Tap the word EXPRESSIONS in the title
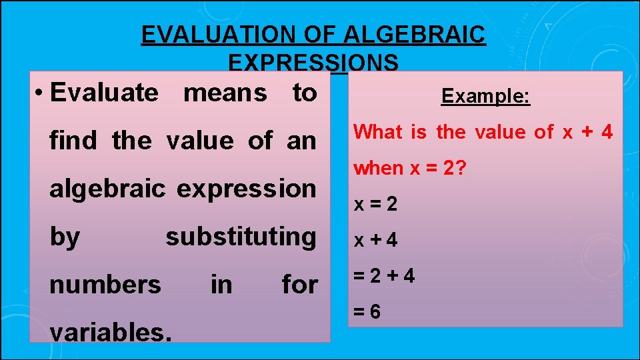point(313,62)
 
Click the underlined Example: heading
point(485,97)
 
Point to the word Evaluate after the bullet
point(105,93)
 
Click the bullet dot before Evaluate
point(39,93)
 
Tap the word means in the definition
point(225,93)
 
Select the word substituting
point(241,236)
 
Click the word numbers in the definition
point(105,285)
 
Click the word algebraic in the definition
point(107,189)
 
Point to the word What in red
point(378,132)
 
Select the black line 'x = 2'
point(375,204)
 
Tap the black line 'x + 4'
point(375,240)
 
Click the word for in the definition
point(299,285)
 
